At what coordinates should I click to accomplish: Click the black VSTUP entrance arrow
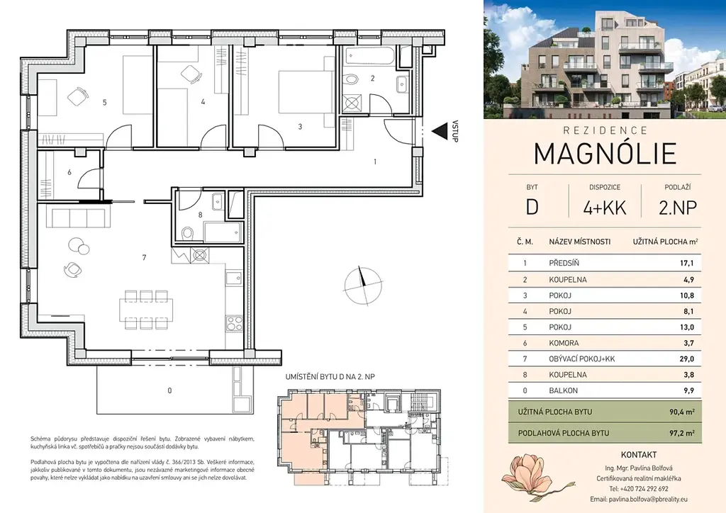[438, 131]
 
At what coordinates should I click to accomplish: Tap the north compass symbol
[364, 286]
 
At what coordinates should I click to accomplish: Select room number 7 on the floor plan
[145, 257]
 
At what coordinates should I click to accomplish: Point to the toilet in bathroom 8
[187, 232]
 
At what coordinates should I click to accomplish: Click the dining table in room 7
[146, 310]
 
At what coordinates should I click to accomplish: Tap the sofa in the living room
[79, 218]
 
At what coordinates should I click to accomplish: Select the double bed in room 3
[306, 92]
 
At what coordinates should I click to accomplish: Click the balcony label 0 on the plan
[169, 390]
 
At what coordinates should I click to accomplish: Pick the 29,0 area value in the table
[686, 359]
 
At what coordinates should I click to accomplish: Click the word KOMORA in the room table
[564, 343]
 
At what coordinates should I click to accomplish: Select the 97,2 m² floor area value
[682, 433]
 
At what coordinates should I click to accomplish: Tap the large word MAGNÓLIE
[605, 154]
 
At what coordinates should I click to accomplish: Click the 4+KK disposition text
[605, 208]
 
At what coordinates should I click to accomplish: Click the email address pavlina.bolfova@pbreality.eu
[639, 500]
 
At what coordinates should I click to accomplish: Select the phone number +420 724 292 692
[639, 488]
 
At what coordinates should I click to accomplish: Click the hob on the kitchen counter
[234, 322]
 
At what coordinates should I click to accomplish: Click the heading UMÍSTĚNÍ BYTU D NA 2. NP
[330, 377]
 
